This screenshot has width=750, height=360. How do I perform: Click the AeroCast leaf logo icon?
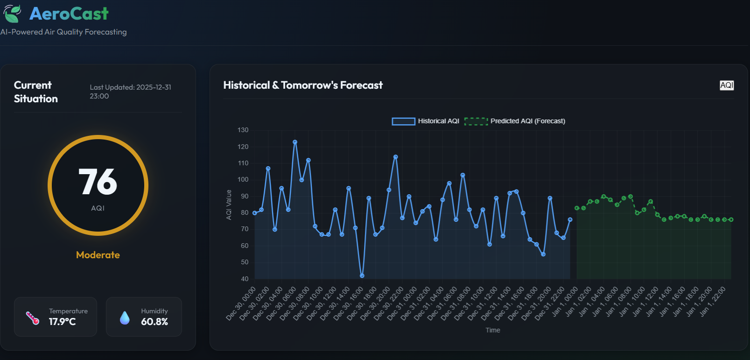click(12, 14)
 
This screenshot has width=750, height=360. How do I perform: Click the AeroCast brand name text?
click(69, 14)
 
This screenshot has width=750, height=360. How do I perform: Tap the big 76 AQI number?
click(98, 182)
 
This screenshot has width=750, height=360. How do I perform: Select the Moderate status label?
click(98, 255)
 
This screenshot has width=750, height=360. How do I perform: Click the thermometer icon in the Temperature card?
click(32, 318)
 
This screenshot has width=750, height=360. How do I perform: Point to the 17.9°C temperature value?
click(62, 322)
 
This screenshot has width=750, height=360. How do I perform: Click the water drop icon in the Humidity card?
click(125, 318)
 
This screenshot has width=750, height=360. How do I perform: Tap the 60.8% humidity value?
click(154, 322)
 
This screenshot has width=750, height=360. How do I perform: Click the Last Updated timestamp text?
click(130, 92)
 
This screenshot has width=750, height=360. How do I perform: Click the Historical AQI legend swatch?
click(403, 121)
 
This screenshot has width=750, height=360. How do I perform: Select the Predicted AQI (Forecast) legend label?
click(527, 121)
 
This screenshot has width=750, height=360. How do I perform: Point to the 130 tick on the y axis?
click(243, 130)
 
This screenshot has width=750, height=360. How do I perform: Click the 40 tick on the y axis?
click(245, 279)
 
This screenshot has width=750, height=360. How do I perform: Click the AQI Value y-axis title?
click(229, 205)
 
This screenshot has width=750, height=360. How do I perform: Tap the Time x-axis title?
click(492, 330)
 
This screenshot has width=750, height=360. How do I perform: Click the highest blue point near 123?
click(295, 142)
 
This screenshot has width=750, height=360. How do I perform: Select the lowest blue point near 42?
click(362, 275)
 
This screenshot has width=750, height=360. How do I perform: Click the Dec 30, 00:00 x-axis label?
click(241, 304)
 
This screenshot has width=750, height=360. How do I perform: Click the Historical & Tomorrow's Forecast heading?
click(303, 85)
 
